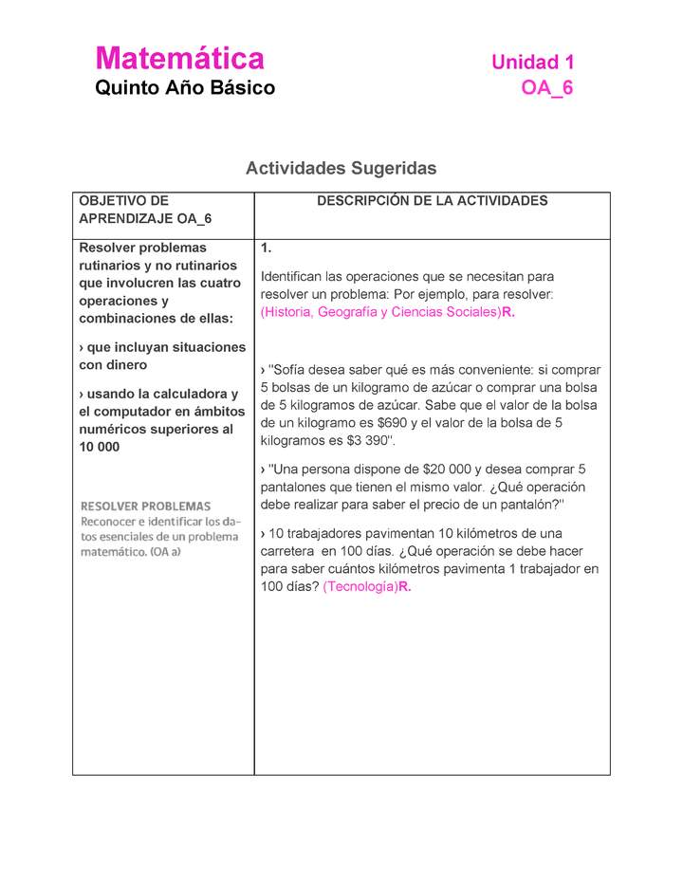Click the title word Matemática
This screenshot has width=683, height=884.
(x=179, y=59)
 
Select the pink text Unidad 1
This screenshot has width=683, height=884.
(x=532, y=63)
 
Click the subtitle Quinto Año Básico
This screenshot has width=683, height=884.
(x=185, y=88)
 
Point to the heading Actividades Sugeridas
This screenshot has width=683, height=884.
(x=341, y=168)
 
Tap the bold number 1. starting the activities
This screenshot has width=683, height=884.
(x=267, y=249)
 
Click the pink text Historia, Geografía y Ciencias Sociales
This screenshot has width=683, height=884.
(x=380, y=312)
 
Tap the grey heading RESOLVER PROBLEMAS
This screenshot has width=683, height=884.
(x=145, y=506)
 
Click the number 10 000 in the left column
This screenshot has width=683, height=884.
(x=100, y=448)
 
